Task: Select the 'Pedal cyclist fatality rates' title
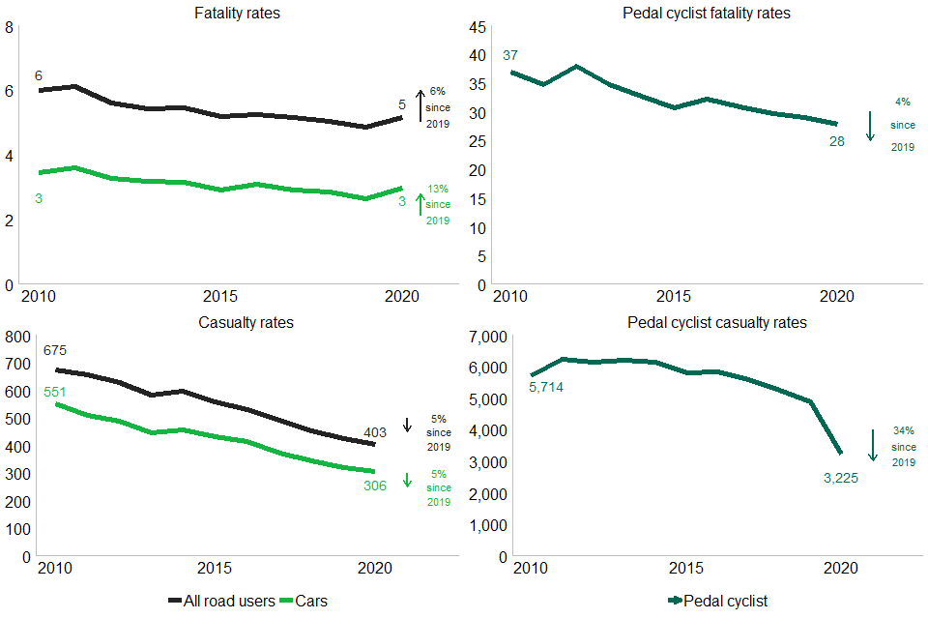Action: pyautogui.click(x=708, y=14)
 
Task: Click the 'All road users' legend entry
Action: pyautogui.click(x=221, y=601)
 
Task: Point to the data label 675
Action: pyautogui.click(x=54, y=350)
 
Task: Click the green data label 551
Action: pyautogui.click(x=54, y=392)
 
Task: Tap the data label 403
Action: pyautogui.click(x=376, y=433)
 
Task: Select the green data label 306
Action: pyautogui.click(x=374, y=485)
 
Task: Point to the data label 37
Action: pyautogui.click(x=511, y=54)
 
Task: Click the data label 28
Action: pyautogui.click(x=837, y=141)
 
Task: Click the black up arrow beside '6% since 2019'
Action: pyautogui.click(x=420, y=105)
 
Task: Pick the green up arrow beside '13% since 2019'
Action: pyautogui.click(x=420, y=204)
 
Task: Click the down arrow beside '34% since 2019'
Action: pyautogui.click(x=872, y=445)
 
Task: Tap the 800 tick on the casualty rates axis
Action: pyautogui.click(x=18, y=337)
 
